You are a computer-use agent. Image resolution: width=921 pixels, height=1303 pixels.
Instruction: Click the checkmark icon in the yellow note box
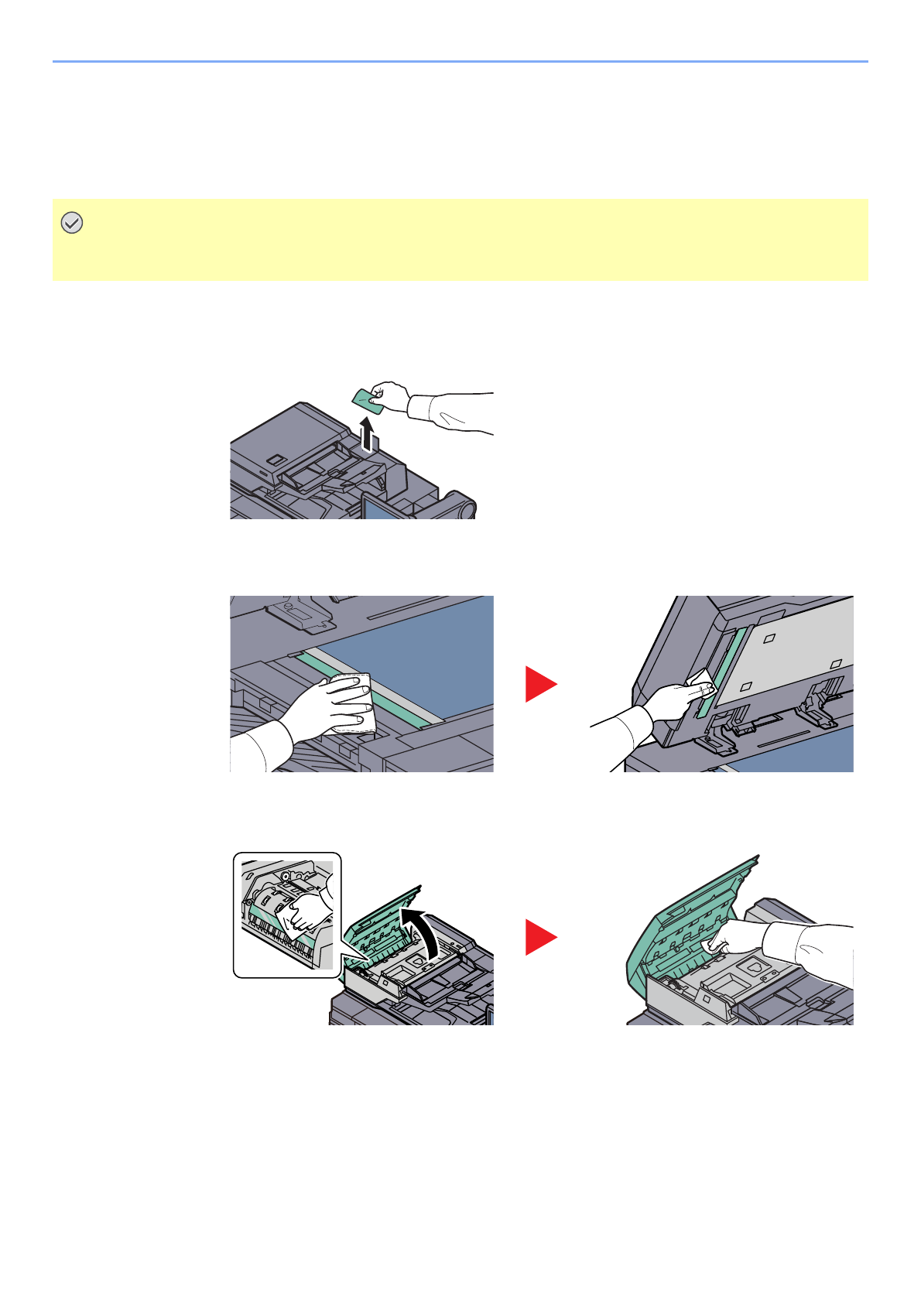point(71,224)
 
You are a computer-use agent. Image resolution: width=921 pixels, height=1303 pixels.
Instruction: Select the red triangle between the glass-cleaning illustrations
point(540,684)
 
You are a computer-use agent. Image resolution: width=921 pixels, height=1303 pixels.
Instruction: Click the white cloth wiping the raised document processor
point(700,686)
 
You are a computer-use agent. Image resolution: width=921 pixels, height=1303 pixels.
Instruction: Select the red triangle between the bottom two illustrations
point(540,937)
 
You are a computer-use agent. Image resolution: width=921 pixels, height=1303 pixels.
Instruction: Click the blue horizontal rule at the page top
point(460,61)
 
